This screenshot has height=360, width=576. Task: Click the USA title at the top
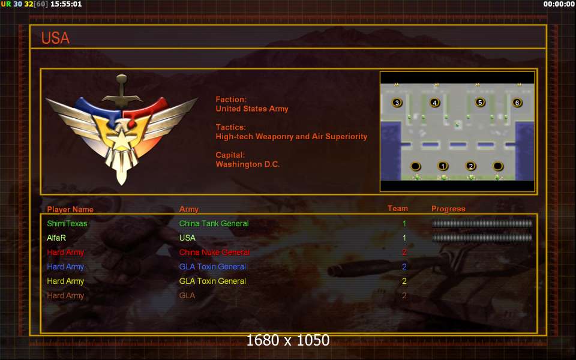[x=55, y=38]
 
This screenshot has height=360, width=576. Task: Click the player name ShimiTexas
[x=67, y=224]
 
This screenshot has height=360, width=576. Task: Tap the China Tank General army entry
[x=214, y=224]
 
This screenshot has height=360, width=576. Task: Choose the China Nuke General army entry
[x=214, y=253]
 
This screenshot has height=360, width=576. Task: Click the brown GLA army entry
[x=187, y=296]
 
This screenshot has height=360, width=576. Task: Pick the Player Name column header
[x=70, y=209]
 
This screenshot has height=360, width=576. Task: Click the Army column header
[x=189, y=209]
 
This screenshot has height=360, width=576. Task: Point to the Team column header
[x=398, y=209]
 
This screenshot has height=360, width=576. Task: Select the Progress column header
[x=448, y=209]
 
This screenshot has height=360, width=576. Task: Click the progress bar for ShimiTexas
[x=482, y=223]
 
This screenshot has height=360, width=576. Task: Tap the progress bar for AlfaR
[x=482, y=238]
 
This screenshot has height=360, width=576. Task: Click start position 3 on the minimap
[x=397, y=103]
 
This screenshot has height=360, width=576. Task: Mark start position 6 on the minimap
[x=517, y=103]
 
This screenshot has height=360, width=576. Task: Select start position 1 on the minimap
[x=443, y=166]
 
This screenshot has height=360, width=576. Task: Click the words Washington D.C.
[x=248, y=164]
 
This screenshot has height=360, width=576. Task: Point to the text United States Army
[x=252, y=109]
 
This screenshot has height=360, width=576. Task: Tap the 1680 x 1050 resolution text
[x=288, y=340]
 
